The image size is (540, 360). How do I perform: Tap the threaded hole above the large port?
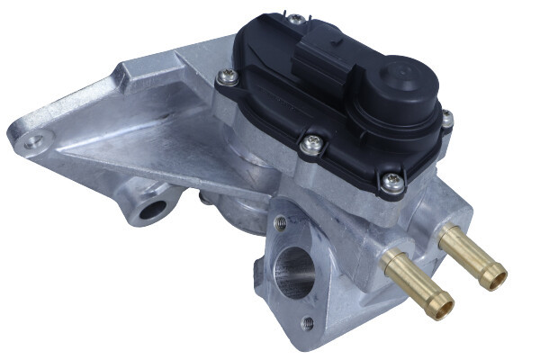281,221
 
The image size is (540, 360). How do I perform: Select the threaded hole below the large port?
309,321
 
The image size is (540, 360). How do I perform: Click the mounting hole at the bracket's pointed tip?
33,139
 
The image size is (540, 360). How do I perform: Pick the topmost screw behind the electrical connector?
294,18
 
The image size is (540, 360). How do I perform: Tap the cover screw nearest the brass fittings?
391,183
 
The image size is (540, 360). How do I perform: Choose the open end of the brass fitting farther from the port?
493,275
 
